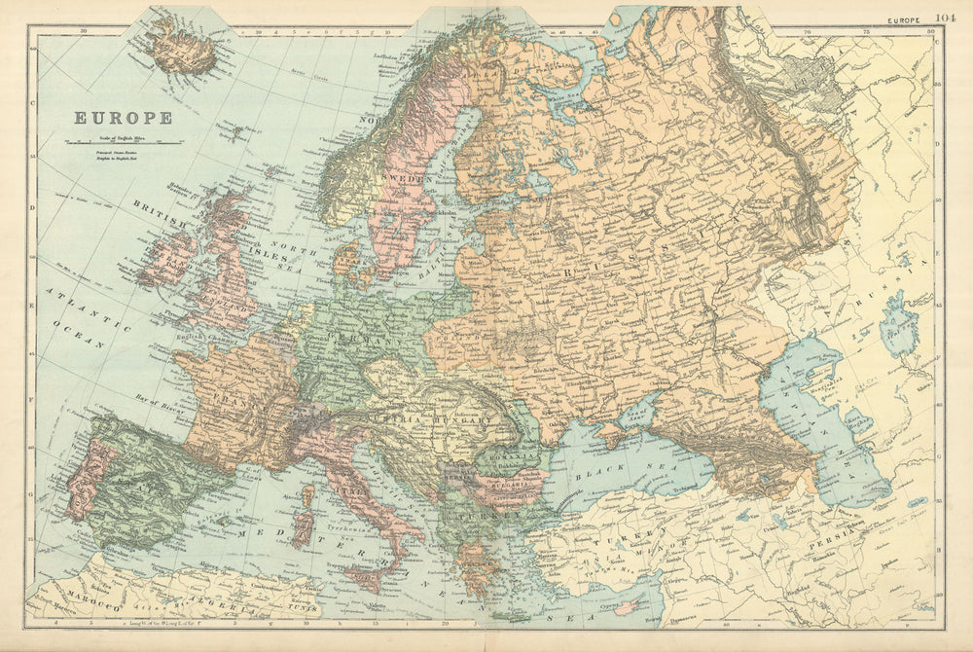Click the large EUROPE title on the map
coord(124,118)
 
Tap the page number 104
coord(945,17)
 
